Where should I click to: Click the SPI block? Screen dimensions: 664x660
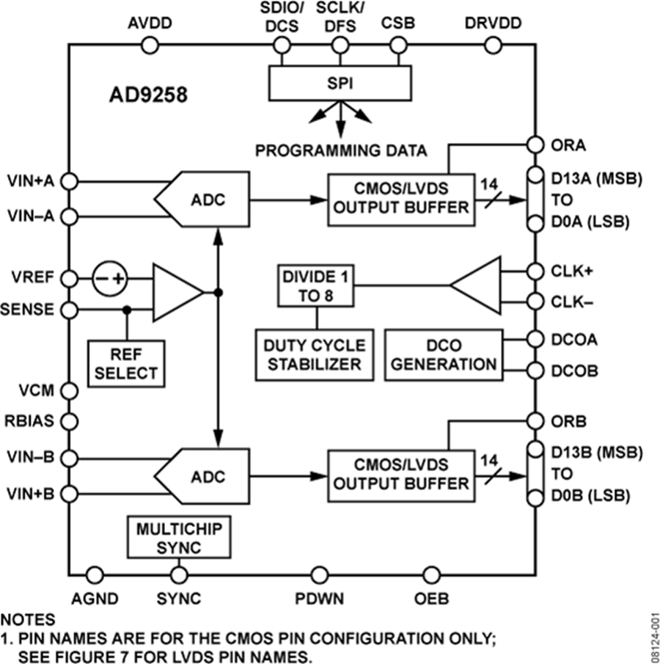tap(340, 83)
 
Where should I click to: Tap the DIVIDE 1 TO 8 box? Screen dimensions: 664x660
tap(317, 286)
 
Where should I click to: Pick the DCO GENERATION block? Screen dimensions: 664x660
tap(443, 355)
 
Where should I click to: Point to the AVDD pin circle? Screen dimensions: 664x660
tap(150, 45)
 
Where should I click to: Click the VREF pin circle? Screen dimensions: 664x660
tap(68, 280)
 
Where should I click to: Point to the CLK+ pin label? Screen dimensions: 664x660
tap(571, 271)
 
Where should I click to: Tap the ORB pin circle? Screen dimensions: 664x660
tap(534, 421)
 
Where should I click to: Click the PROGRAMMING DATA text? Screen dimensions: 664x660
tap(340, 151)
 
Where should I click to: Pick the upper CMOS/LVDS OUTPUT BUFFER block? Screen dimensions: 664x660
tap(399, 198)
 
